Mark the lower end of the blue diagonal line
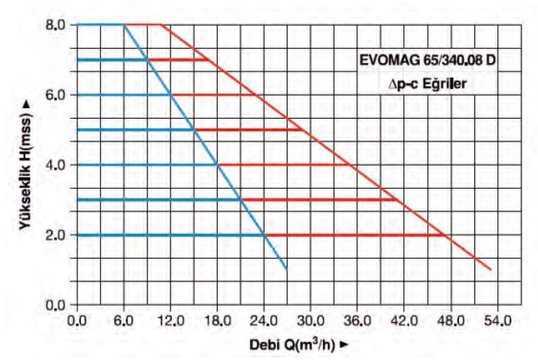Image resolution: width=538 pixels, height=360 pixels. pyautogui.click(x=287, y=270)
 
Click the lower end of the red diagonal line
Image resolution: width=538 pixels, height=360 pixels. pyautogui.click(x=491, y=270)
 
